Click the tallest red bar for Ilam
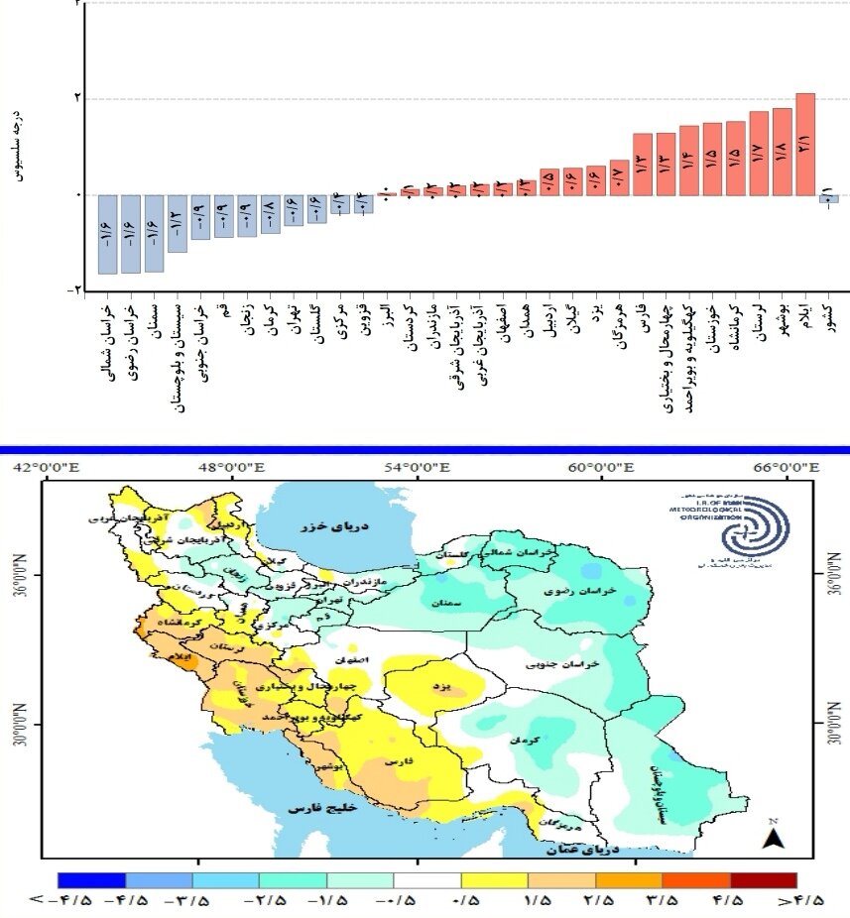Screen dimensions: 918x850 805,144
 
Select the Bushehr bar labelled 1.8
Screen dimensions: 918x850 782,152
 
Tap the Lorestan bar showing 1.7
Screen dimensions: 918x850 759,154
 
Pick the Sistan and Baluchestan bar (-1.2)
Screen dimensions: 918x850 178,223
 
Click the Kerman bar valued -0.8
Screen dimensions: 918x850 270,213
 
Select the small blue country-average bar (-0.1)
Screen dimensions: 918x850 828,198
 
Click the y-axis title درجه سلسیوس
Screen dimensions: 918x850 17,144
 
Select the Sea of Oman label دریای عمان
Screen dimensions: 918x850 583,849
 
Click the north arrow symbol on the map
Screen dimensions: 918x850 773,837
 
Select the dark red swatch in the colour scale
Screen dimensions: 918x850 763,880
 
